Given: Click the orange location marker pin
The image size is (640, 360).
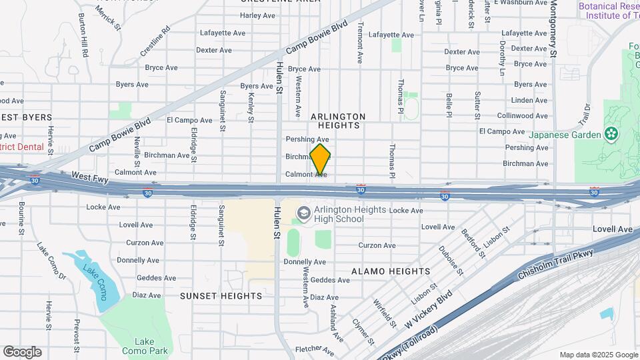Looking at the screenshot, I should tap(320, 159).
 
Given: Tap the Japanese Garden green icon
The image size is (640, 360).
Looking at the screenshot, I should tap(610, 134).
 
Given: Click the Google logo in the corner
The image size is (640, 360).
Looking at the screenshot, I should tap(22, 352).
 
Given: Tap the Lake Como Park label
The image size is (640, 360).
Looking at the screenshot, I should tap(145, 346).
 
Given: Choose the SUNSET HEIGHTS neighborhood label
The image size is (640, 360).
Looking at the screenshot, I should tap(221, 295).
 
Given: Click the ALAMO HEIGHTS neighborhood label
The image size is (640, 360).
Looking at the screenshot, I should tap(391, 271).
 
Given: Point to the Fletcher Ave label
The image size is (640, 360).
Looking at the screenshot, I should tap(314, 349).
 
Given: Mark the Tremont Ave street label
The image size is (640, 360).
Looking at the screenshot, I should tap(360, 42).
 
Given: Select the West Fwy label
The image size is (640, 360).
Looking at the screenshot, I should tap(89, 177).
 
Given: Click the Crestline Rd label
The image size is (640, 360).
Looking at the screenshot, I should tap(155, 41).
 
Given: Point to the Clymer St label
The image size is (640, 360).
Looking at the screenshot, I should tap(363, 332).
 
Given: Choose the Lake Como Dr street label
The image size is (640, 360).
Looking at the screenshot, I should tap(51, 260).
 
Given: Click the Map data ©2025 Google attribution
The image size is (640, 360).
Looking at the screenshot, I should tap(599, 355).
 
